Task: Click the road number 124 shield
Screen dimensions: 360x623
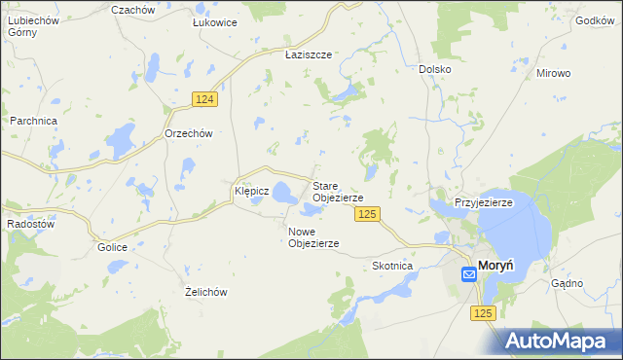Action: pyautogui.click(x=203, y=100)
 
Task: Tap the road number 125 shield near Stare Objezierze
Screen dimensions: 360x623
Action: pyautogui.click(x=366, y=214)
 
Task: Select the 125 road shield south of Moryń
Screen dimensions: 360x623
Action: pyautogui.click(x=485, y=312)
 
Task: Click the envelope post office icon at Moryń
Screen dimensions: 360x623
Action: pyautogui.click(x=468, y=274)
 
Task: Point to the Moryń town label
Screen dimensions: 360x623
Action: pyautogui.click(x=496, y=273)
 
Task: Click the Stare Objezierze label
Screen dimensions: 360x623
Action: pyautogui.click(x=338, y=191)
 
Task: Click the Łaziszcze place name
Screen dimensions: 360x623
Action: pyautogui.click(x=309, y=55)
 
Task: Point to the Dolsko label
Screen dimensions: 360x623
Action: pyautogui.click(x=434, y=69)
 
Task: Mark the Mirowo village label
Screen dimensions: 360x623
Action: pyautogui.click(x=553, y=73)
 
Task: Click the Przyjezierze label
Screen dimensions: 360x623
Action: pyautogui.click(x=484, y=202)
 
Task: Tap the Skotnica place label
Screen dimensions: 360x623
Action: pyautogui.click(x=393, y=266)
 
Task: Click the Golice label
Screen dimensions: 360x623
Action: pyautogui.click(x=112, y=247)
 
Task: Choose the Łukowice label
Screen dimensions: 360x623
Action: pyautogui.click(x=214, y=22)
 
